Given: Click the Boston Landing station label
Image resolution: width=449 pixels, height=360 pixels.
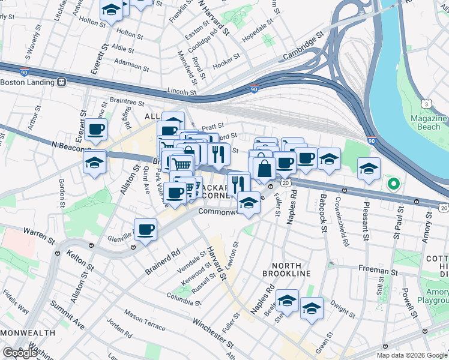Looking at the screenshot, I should pyautogui.click(x=28, y=82).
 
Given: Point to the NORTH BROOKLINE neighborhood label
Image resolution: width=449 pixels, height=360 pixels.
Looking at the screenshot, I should pyautogui.click(x=286, y=269).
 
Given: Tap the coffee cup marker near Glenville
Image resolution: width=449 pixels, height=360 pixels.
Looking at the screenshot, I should pyautogui.click(x=146, y=229).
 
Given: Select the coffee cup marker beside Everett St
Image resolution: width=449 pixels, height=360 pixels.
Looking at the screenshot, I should pyautogui.click(x=95, y=128).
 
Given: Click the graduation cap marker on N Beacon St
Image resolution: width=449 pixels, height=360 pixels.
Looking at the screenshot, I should pyautogui.click(x=94, y=163).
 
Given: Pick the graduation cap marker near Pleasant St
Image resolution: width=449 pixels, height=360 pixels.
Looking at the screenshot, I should pyautogui.click(x=369, y=168).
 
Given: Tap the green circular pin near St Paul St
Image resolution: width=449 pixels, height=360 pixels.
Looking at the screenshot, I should pyautogui.click(x=393, y=184).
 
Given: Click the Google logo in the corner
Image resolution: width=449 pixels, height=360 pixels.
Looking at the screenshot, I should pyautogui.click(x=20, y=353).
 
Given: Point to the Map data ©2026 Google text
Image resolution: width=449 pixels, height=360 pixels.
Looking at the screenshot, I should pyautogui.click(x=412, y=355).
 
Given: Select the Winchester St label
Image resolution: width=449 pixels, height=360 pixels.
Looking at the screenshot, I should pyautogui.click(x=212, y=332).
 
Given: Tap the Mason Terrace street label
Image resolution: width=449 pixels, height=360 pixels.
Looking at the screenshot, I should pyautogui.click(x=145, y=321).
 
